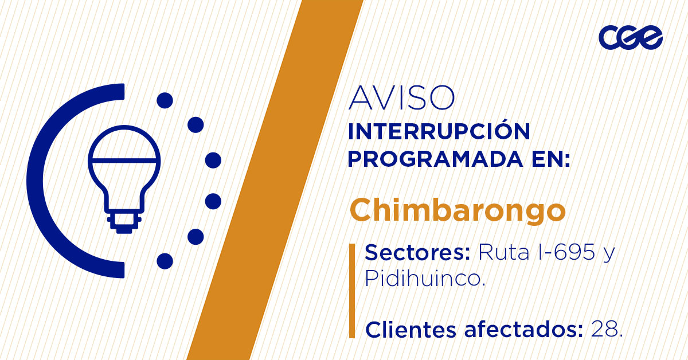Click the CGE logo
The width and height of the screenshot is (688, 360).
[x=630, y=38]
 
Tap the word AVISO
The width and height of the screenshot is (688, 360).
[x=401, y=98]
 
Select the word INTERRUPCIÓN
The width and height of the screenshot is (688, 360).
[x=439, y=132]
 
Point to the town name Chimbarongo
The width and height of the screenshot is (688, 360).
[x=458, y=210]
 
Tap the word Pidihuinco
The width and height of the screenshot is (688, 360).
[x=424, y=279]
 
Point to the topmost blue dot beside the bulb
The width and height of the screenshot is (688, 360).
[x=165, y=101]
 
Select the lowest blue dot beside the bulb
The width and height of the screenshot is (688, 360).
[x=165, y=261]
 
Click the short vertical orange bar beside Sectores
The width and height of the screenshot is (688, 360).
[x=351, y=291]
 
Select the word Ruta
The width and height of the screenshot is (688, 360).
[x=497, y=252]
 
